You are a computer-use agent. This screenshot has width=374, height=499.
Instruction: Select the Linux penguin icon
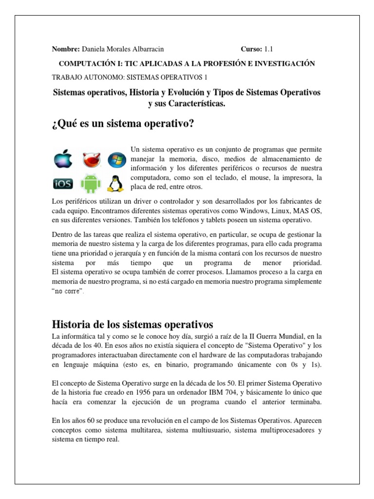click(x=115, y=183)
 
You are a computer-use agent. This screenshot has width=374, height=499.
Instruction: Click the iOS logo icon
click(x=63, y=184)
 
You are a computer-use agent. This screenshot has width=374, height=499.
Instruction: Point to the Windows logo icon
click(x=116, y=159)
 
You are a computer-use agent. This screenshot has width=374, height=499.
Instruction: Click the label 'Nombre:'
click(x=66, y=49)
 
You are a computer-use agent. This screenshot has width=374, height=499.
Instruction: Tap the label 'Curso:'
click(x=251, y=49)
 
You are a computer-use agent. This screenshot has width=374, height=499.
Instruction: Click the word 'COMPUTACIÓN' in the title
click(x=83, y=63)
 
